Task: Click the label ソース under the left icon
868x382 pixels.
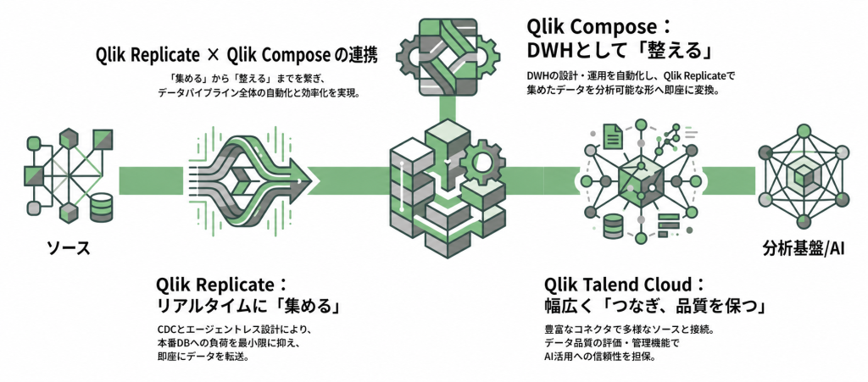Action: pyautogui.click(x=68, y=248)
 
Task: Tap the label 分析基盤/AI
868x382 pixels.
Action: pyautogui.click(x=803, y=248)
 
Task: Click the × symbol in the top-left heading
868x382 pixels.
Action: pyautogui.click(x=213, y=54)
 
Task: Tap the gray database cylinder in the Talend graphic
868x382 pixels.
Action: pyautogui.click(x=613, y=224)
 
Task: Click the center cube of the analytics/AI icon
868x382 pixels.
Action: pyautogui.click(x=804, y=176)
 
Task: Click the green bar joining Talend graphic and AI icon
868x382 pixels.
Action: pyautogui.click(x=730, y=179)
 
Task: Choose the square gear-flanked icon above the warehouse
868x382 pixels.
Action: pyautogui.click(x=447, y=55)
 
